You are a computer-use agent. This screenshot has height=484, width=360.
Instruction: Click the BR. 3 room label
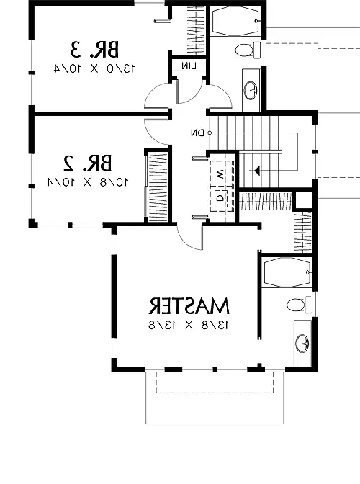(x=94, y=50)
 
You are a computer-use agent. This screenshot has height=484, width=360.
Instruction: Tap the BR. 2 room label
(x=88, y=163)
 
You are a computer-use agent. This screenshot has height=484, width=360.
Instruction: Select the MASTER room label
(x=189, y=305)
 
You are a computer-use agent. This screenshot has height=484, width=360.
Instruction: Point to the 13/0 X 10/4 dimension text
(x=94, y=68)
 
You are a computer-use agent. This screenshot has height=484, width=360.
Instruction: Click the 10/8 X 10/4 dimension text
(x=88, y=182)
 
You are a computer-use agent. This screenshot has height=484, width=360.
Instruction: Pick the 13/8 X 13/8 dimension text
(x=189, y=325)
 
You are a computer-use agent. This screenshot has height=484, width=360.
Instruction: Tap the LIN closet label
(x=189, y=66)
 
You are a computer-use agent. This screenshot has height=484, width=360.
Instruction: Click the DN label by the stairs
(x=198, y=133)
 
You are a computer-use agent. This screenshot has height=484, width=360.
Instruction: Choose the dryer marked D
(x=220, y=198)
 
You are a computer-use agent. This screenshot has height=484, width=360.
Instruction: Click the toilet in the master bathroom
(x=300, y=305)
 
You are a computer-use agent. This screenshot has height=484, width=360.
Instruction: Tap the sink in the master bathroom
(x=302, y=344)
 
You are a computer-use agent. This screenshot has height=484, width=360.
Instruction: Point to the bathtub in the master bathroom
(x=287, y=272)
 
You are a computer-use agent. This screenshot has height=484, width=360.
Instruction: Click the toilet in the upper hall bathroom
(x=248, y=50)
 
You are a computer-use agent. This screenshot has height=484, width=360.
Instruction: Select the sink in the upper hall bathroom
(x=251, y=91)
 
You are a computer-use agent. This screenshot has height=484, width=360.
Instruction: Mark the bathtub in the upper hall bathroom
(x=235, y=21)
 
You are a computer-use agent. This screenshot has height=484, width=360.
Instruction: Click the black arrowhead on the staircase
(x=256, y=170)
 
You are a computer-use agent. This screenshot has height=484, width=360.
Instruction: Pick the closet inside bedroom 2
(x=158, y=186)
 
